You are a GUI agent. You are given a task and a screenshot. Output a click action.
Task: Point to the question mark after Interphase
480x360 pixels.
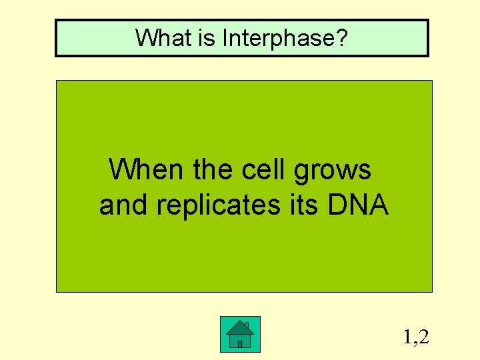[x=341, y=38]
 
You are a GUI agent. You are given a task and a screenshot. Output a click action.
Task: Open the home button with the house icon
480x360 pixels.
[x=240, y=334]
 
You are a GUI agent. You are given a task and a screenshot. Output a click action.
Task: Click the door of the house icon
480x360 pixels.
[x=239, y=343]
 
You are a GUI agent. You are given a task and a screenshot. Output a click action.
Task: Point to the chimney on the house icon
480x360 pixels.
[x=246, y=325]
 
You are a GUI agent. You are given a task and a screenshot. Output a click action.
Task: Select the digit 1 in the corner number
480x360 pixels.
[x=407, y=337]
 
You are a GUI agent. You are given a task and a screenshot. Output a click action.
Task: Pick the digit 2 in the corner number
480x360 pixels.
[x=423, y=337]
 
